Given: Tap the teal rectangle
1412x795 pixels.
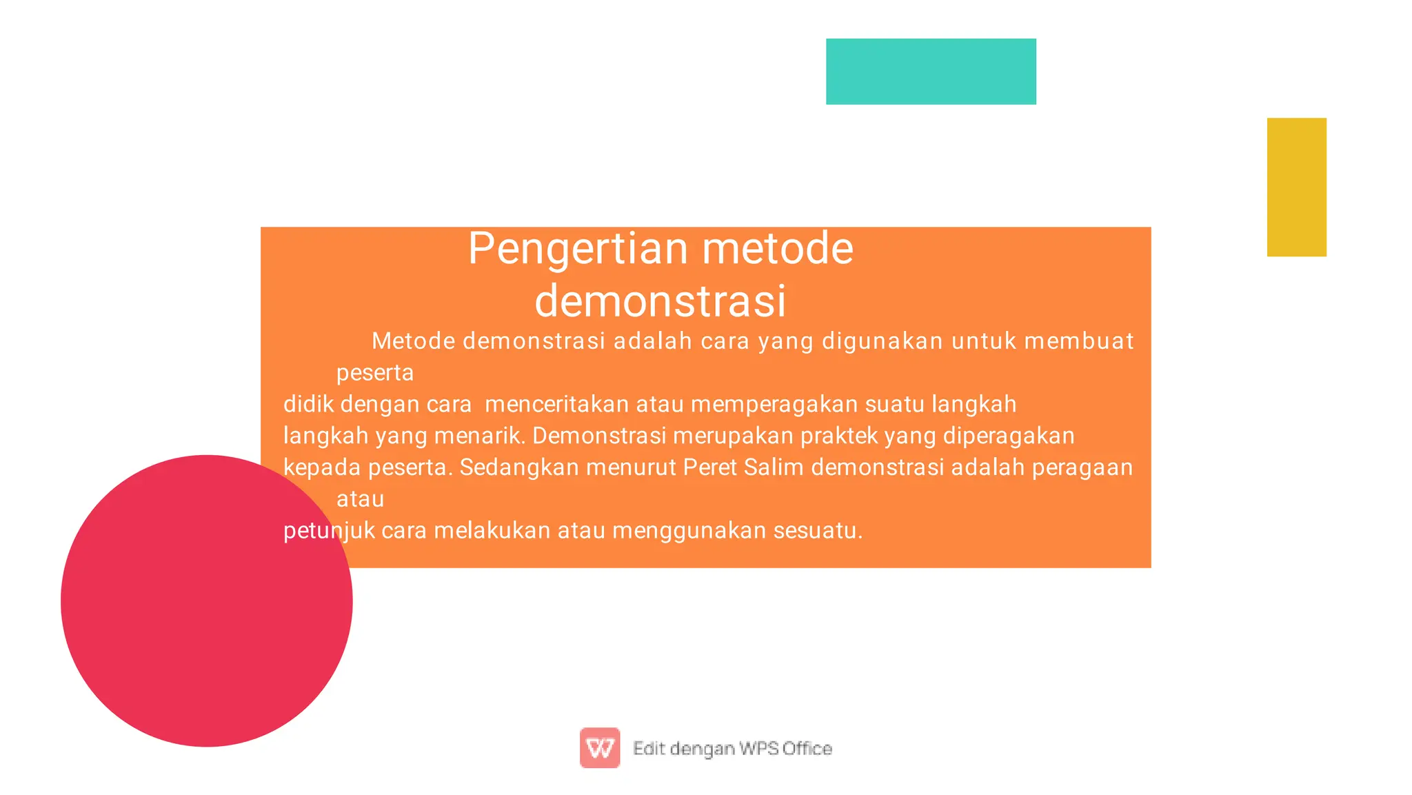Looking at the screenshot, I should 931,72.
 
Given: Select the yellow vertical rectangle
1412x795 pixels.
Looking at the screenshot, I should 1296,187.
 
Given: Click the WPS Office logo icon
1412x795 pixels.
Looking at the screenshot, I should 599,747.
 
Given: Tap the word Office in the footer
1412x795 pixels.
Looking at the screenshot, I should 807,748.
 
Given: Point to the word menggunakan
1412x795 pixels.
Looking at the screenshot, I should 689,531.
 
